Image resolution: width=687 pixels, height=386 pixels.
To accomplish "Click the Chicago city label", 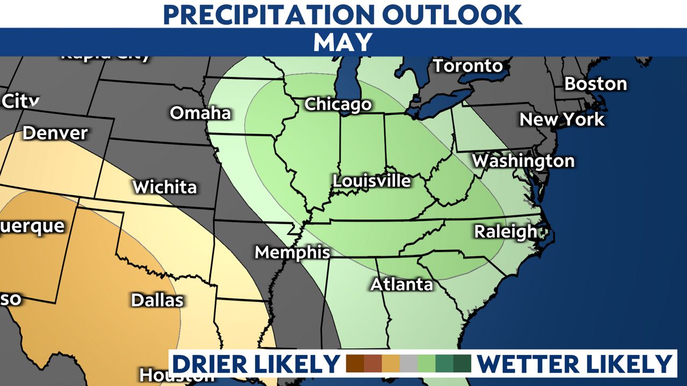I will point(338,104).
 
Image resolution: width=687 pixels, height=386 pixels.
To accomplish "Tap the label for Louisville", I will point(371,181).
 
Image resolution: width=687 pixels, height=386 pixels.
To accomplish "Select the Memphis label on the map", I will point(292,252).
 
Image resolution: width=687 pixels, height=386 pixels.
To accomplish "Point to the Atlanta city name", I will point(401,284).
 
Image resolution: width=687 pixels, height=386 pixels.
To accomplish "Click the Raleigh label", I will point(505,232).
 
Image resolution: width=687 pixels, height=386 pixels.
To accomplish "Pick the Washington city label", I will point(523,161).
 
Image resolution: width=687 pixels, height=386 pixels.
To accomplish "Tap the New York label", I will point(561,119).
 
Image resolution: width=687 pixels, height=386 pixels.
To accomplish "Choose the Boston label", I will point(595,84).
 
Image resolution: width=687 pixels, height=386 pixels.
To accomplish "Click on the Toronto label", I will point(467,66).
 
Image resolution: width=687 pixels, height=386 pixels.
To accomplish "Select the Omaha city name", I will point(200,113).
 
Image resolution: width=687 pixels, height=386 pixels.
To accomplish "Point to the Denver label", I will point(55,133).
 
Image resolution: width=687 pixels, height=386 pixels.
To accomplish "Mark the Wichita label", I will point(164,187).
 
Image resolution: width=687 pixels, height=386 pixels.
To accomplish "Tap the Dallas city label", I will point(157,300).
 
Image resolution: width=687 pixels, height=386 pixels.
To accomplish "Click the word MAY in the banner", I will point(343,42).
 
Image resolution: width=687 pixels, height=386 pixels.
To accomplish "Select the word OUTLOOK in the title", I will point(459,14).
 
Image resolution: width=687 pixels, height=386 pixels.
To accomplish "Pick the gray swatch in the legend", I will point(408,363).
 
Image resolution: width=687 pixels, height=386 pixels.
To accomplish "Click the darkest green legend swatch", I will point(462,363).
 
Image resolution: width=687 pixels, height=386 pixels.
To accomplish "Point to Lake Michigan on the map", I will point(345,75).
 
